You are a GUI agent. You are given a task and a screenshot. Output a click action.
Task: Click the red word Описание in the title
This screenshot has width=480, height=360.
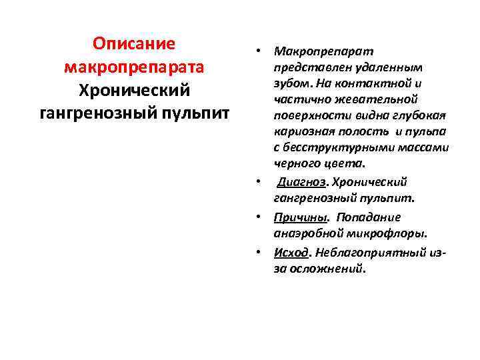(x=134, y=44)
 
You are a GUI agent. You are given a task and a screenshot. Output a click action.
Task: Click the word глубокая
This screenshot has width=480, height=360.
(x=421, y=115)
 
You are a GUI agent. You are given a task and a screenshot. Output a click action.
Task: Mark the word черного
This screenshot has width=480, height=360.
(x=294, y=163)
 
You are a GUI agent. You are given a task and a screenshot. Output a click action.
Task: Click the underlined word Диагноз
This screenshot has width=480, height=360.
(x=297, y=182)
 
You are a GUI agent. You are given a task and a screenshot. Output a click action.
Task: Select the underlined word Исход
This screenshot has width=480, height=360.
(x=291, y=253)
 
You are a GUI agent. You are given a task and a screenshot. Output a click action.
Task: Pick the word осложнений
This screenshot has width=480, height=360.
(x=326, y=269)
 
